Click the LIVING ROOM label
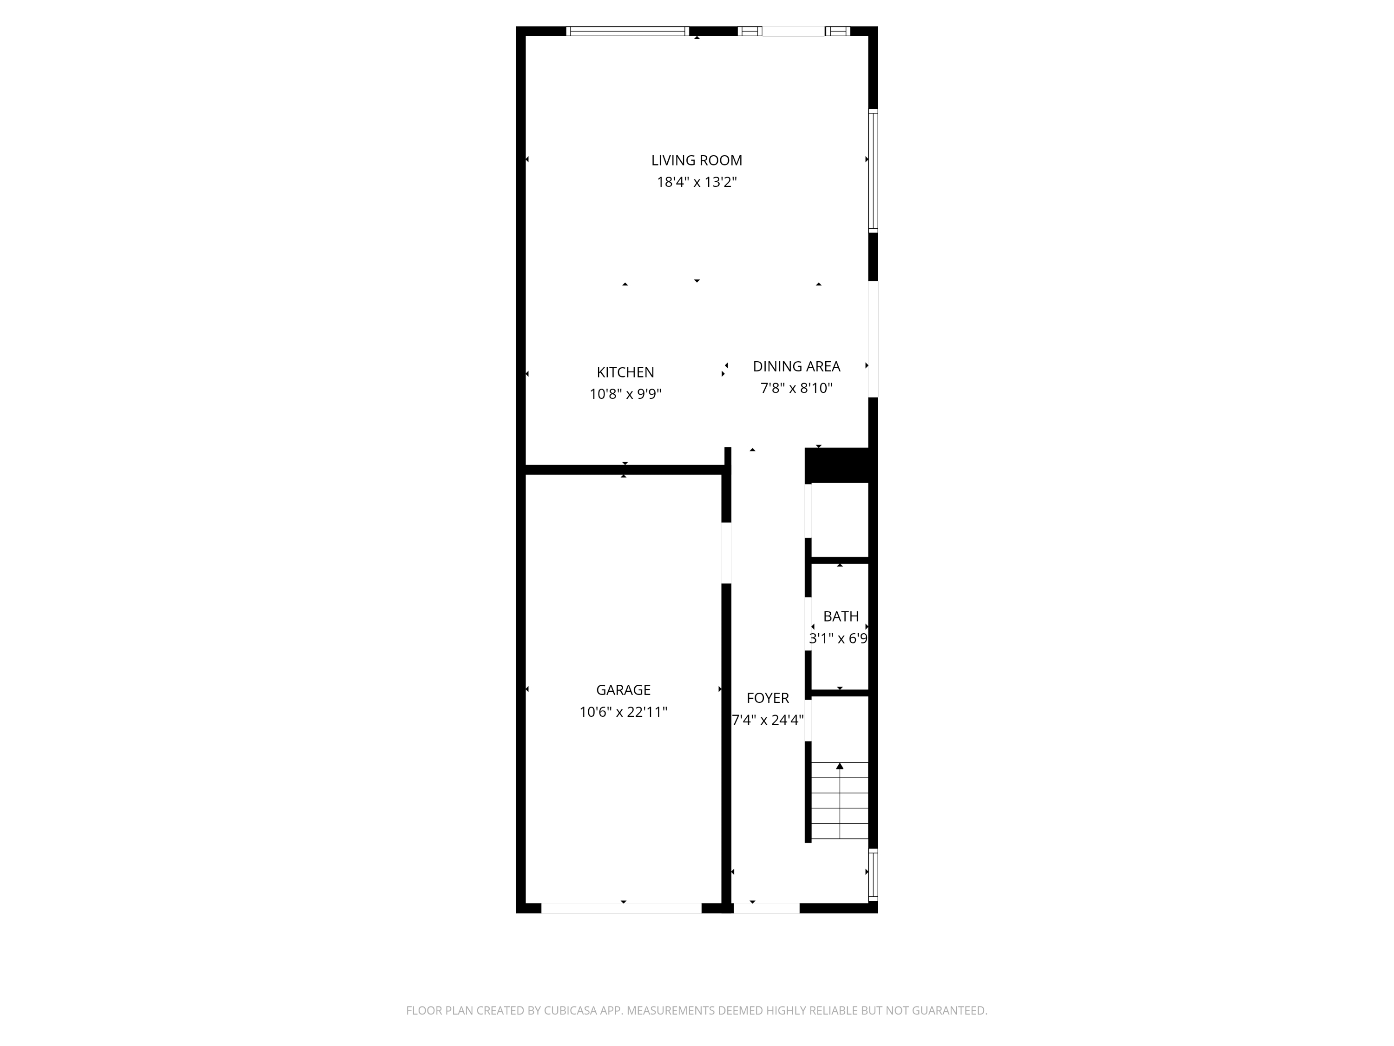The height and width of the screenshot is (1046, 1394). [x=697, y=161]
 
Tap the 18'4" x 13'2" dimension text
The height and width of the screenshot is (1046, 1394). [x=697, y=182]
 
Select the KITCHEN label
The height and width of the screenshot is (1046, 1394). [x=625, y=373]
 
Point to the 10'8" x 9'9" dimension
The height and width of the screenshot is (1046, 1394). [x=625, y=394]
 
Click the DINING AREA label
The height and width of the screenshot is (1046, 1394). [x=796, y=366]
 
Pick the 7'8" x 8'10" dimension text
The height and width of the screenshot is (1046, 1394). [x=796, y=388]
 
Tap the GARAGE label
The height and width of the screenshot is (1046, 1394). [x=623, y=690]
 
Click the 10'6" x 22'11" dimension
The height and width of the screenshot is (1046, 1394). [x=623, y=712]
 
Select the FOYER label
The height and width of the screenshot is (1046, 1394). [x=768, y=698]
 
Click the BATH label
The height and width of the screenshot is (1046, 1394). [x=841, y=616]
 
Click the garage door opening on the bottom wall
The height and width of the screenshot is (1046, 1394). [x=621, y=908]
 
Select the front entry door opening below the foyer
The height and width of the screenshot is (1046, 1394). [x=766, y=908]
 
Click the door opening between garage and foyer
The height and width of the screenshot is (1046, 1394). [x=726, y=553]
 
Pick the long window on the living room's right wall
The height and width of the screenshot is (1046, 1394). [x=873, y=171]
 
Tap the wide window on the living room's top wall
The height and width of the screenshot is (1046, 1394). [x=627, y=31]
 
